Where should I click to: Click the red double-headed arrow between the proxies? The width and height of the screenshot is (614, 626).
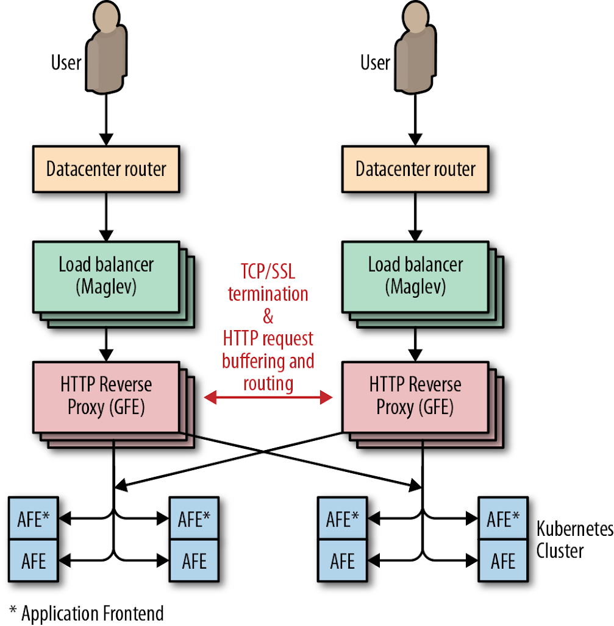click(268, 398)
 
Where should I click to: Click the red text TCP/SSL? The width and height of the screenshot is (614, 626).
click(268, 271)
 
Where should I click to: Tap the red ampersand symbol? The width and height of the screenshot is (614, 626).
click(268, 317)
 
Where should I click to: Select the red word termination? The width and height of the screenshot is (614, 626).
click(268, 294)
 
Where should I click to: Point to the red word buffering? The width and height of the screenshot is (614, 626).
click(251, 361)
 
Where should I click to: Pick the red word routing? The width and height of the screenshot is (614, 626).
click(268, 384)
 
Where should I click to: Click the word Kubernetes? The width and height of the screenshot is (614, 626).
click(574, 529)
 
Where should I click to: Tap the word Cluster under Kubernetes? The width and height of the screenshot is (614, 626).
click(560, 550)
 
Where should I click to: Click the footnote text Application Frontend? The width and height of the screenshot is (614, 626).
click(92, 613)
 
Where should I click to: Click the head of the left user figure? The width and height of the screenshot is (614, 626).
click(107, 19)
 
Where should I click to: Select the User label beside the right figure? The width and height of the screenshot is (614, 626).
click(375, 63)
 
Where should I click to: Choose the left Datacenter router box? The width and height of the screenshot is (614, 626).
click(106, 169)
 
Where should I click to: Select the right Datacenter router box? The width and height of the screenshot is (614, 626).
click(415, 169)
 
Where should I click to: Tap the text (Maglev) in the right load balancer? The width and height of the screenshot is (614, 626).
click(415, 287)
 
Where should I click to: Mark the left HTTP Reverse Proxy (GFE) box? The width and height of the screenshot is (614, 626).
click(106, 396)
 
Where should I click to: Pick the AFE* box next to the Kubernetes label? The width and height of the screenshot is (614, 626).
click(502, 519)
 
